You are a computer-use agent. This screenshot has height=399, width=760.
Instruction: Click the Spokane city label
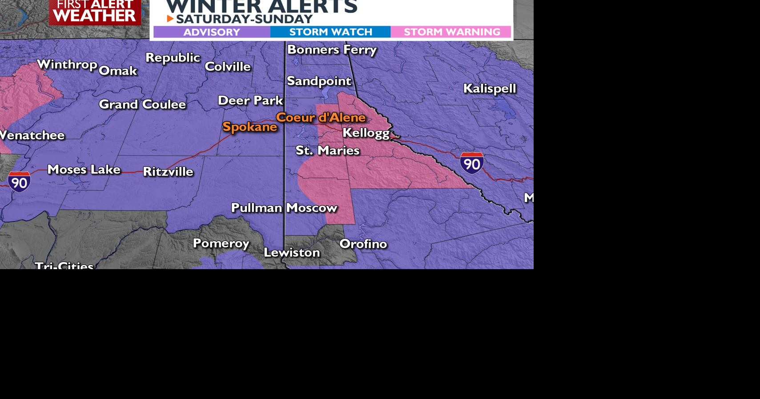249,127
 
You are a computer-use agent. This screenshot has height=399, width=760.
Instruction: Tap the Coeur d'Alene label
321,117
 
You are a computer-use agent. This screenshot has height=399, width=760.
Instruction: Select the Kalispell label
489,89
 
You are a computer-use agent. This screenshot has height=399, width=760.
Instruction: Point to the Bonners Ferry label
332,49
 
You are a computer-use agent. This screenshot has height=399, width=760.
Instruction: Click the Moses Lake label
84,169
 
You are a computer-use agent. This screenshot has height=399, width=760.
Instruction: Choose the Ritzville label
168,172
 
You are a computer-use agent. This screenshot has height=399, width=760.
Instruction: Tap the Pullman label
257,208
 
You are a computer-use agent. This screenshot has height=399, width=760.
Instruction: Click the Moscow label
311,208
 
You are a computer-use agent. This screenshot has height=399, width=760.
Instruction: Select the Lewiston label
292,253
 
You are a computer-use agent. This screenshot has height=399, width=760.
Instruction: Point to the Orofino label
363,244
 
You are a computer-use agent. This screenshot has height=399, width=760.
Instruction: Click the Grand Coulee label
142,104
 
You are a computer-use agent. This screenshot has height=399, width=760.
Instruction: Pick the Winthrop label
67,64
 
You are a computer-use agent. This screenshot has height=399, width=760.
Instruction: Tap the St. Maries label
327,150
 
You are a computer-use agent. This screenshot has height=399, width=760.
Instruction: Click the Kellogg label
366,133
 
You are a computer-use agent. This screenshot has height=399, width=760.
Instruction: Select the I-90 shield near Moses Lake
19,181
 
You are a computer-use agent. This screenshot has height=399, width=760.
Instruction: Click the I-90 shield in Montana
471,163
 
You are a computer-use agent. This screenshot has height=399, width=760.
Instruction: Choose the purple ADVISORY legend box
212,32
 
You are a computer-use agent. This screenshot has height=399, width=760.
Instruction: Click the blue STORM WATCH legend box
330,32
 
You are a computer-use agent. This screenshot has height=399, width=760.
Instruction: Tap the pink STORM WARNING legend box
451,32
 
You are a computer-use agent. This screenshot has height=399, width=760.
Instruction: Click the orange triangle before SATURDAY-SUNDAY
170,19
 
